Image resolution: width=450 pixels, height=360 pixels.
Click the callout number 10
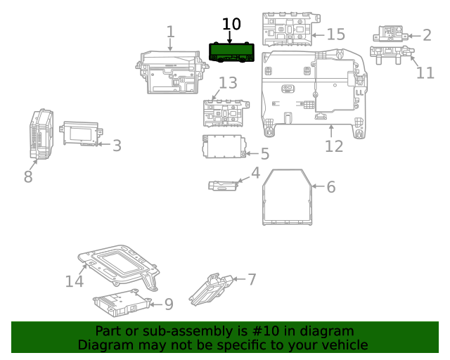231,25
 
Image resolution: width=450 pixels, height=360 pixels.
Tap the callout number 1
170,32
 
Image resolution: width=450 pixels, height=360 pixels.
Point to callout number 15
335,34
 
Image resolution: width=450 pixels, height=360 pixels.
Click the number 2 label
427,35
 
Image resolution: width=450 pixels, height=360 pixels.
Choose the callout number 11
425,72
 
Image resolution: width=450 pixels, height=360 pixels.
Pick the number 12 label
334,146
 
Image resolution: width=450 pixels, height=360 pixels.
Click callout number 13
228,84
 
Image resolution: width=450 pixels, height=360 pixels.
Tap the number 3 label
117,146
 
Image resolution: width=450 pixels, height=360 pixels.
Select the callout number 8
28,176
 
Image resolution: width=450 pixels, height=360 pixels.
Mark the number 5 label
264,154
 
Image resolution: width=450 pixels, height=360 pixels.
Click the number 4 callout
255,173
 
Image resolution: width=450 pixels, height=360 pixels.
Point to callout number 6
330,186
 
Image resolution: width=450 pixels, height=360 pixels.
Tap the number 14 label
75,281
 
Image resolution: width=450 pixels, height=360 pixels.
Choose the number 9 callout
168,304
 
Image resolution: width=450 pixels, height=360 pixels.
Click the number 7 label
251,279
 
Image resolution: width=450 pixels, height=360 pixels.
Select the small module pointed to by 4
224,186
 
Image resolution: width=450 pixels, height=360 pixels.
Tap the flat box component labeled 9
119,302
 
